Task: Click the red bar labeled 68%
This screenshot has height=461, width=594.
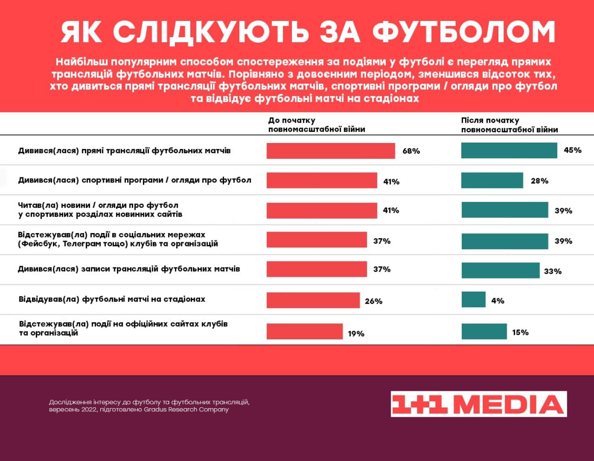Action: pos(330,151)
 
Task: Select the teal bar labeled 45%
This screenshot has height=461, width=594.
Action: pos(509,150)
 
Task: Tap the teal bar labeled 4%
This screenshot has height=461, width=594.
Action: pos(473,300)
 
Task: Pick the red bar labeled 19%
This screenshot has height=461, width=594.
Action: pos(304,331)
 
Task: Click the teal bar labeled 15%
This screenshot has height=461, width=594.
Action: pos(484,331)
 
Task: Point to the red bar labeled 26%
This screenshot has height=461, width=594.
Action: pos(313,300)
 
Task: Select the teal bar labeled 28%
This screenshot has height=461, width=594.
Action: pos(492,181)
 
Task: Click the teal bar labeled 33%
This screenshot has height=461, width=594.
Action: pos(500,271)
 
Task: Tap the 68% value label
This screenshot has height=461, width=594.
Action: pos(411,151)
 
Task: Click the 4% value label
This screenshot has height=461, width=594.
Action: pos(497,301)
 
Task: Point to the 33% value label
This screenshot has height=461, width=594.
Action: pos(553,271)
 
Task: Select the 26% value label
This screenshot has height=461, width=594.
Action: pos(374,301)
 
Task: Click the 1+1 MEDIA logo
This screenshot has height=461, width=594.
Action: pos(478,404)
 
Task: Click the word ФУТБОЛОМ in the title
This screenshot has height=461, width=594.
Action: pos(464,32)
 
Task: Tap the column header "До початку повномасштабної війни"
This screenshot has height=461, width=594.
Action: pos(316,125)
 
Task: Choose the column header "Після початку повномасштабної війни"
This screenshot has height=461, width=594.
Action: pos(509,125)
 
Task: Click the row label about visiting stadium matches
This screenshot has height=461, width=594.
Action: pos(112,299)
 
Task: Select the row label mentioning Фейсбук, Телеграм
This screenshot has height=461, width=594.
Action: pos(118,239)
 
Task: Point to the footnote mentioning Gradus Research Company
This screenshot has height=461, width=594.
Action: pos(149,406)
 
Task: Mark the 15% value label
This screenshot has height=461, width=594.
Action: pos(520,332)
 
